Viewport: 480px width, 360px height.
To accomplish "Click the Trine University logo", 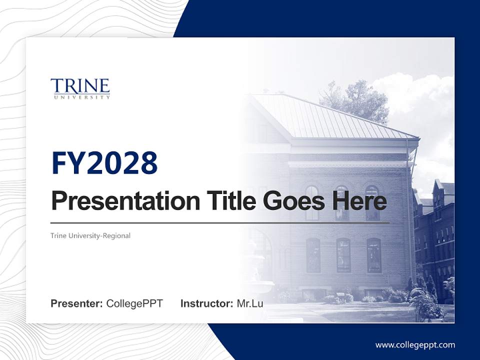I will [x=80, y=88].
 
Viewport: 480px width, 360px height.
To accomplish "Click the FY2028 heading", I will [x=104, y=163].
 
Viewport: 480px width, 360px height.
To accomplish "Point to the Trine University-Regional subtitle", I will [x=90, y=235].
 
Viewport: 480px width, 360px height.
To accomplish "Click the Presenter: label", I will [x=76, y=303].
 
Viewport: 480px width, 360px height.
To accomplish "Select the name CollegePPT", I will [x=134, y=303].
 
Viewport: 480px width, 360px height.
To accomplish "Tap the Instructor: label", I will [x=206, y=303].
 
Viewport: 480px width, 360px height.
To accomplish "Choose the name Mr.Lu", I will [x=250, y=303].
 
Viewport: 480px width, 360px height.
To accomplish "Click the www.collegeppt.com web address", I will [x=415, y=345].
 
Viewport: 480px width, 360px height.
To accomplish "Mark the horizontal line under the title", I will [x=220, y=222].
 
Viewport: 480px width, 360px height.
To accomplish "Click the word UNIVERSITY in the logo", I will [x=80, y=97].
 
